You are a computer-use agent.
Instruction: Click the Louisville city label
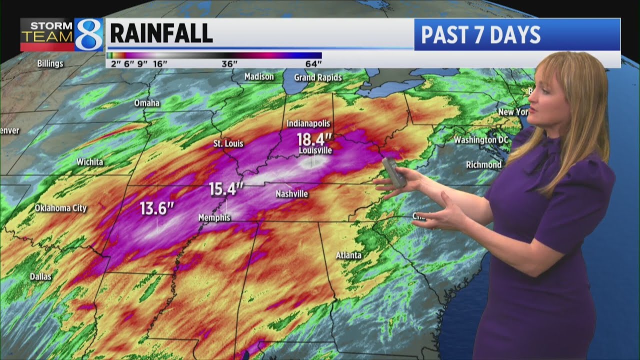click(x=315, y=150)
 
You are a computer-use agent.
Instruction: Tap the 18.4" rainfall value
click(x=314, y=138)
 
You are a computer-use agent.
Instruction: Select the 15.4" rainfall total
click(x=226, y=189)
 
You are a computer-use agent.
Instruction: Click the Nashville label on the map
click(x=292, y=194)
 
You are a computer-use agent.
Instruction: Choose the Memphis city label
click(x=214, y=217)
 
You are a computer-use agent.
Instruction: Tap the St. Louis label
click(x=228, y=143)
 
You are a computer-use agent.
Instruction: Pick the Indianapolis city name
click(x=308, y=123)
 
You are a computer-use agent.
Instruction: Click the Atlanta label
click(x=348, y=255)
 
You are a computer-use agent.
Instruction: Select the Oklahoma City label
click(x=60, y=208)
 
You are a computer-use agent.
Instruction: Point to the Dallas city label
click(x=40, y=276)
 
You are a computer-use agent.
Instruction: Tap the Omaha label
click(x=147, y=103)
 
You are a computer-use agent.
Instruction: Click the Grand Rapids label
click(x=318, y=77)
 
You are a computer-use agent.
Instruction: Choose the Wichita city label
click(x=90, y=161)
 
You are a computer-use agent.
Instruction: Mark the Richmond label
click(x=483, y=164)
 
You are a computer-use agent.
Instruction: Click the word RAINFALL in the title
click(x=161, y=33)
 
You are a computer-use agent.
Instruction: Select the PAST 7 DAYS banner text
click(x=480, y=35)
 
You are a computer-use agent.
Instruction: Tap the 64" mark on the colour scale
click(x=313, y=63)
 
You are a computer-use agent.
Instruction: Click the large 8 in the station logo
click(x=89, y=35)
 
